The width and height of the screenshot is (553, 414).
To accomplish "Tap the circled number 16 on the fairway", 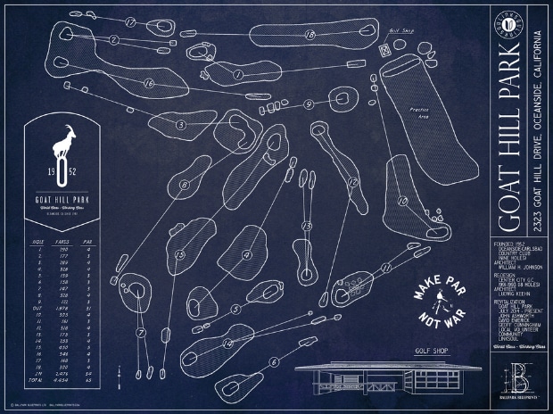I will [x=148, y=83].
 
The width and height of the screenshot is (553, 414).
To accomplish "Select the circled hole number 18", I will [x=309, y=34].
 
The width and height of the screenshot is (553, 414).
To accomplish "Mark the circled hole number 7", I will [x=238, y=75].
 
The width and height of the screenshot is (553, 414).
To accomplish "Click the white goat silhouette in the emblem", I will [x=64, y=146].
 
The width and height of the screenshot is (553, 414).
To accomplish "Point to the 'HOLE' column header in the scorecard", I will [x=37, y=241].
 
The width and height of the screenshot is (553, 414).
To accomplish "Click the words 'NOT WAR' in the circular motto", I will [x=435, y=319].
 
